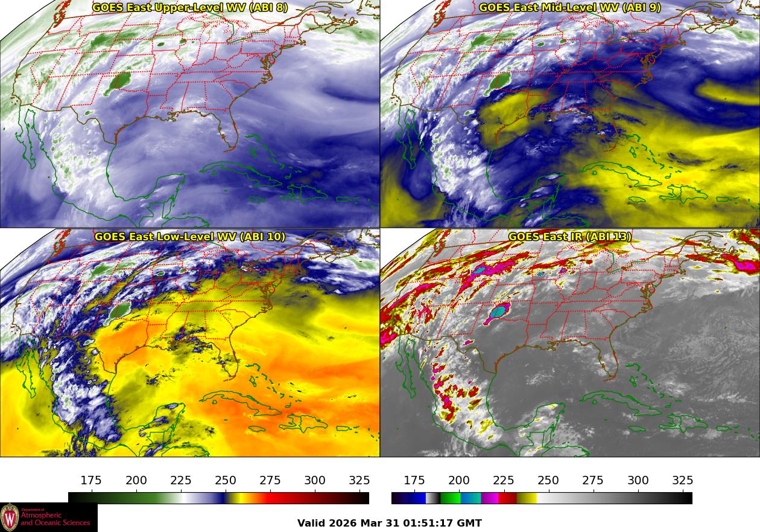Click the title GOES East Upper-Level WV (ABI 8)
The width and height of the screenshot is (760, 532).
(x=190, y=8)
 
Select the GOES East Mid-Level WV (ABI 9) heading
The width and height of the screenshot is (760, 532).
(x=570, y=8)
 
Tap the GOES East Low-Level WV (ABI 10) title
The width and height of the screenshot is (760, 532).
(x=190, y=237)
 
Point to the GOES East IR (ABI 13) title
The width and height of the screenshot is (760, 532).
(x=570, y=237)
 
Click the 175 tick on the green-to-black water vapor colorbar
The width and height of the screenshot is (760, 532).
(x=91, y=481)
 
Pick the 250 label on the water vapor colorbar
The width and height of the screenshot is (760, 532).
(x=226, y=481)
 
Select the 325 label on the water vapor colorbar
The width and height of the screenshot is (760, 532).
(x=359, y=481)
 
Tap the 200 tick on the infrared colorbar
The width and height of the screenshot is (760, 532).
(x=459, y=481)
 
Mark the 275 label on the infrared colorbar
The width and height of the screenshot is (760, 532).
(x=593, y=481)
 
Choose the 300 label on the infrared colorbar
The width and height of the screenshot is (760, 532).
(x=638, y=481)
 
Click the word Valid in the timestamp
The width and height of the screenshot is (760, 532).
(x=311, y=523)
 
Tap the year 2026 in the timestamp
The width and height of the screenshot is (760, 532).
(x=343, y=523)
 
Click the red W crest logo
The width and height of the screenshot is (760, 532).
(x=10, y=518)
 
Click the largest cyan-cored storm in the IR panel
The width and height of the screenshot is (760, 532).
(x=499, y=312)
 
